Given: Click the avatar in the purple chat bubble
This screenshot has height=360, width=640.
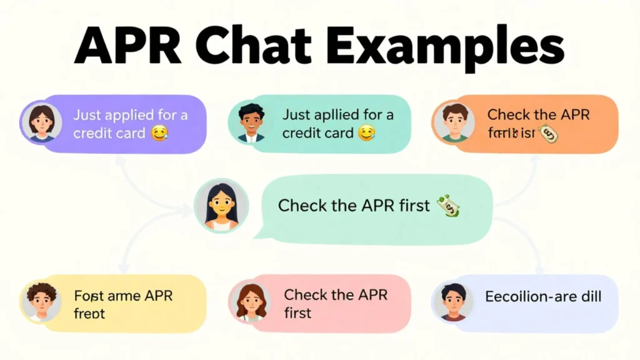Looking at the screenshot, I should [x=41, y=122].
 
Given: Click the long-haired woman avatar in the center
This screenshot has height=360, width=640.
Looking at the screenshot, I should [x=221, y=206].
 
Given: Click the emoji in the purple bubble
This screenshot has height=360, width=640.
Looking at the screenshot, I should [x=160, y=133].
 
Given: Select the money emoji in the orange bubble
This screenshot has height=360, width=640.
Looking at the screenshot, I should [x=548, y=133].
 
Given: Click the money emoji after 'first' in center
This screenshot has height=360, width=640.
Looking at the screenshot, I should [x=449, y=207].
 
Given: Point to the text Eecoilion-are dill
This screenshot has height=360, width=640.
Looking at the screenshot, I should [x=542, y=296].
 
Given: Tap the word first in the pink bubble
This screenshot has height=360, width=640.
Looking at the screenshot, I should [x=297, y=312].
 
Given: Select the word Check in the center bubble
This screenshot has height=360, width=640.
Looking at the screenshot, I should [x=301, y=206].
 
